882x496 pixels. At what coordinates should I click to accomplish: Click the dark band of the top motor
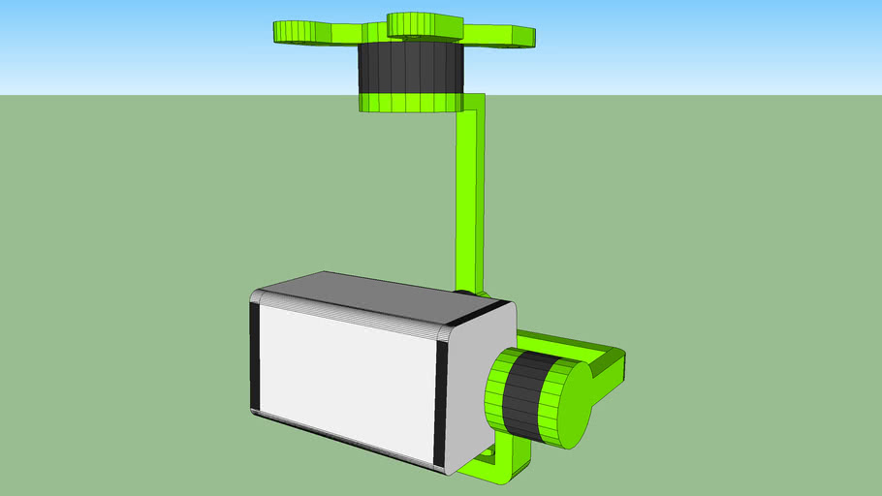point(409,67)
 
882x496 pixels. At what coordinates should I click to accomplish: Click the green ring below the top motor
point(409,102)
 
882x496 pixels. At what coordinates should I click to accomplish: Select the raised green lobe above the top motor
point(426,24)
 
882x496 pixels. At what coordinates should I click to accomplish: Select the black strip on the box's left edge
point(256,354)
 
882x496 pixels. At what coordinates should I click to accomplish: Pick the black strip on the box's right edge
point(441,397)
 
